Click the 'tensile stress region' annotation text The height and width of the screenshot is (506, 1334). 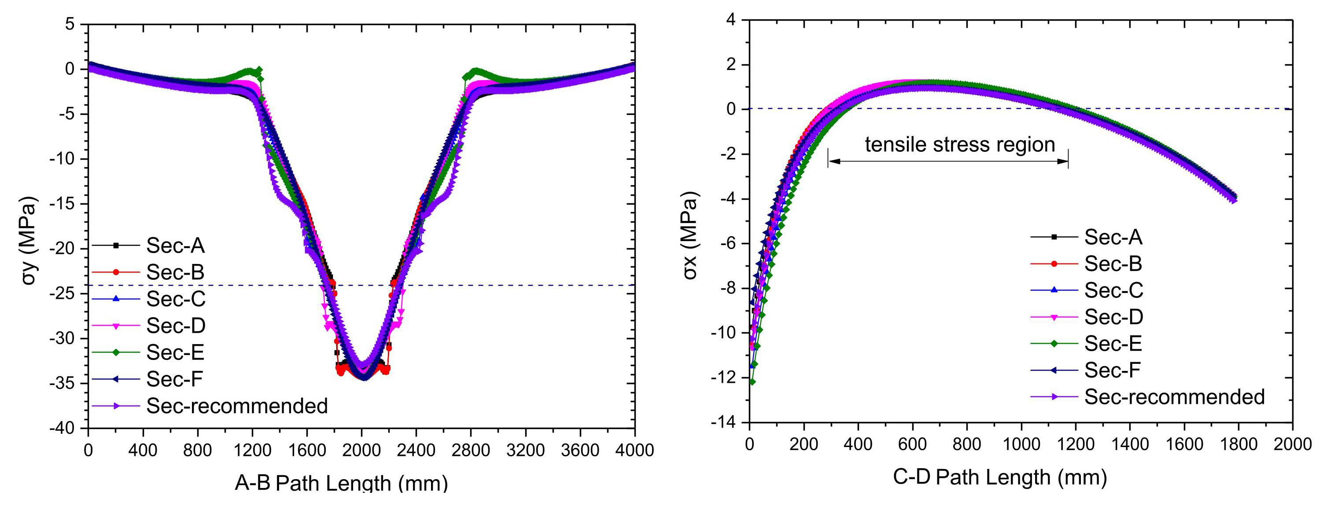960,144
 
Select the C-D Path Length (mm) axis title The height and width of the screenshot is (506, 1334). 999,477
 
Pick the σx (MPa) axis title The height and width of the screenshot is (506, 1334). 690,235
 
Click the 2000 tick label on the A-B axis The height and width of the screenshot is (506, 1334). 361,451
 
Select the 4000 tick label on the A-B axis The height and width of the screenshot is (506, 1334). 634,451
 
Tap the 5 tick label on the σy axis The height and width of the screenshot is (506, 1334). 70,24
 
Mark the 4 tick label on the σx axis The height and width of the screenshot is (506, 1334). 730,20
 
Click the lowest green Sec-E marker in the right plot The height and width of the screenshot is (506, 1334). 752,382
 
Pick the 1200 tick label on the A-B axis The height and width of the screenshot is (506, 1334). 252,451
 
